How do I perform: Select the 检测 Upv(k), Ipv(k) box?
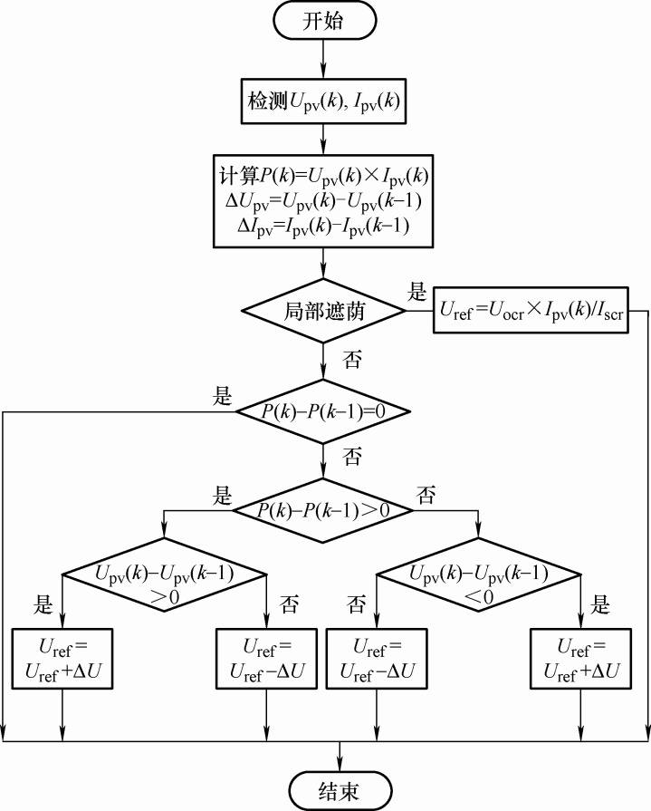click(x=324, y=104)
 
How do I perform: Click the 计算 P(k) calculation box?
click(x=323, y=200)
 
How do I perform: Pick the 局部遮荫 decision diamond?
click(x=323, y=311)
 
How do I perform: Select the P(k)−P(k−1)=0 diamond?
click(x=323, y=411)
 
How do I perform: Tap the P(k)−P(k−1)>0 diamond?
click(x=323, y=510)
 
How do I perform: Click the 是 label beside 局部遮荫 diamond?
click(x=417, y=293)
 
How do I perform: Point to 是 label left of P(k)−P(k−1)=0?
click(x=221, y=396)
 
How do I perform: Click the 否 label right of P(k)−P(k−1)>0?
click(x=426, y=495)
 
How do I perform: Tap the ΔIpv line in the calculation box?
click(x=323, y=226)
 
